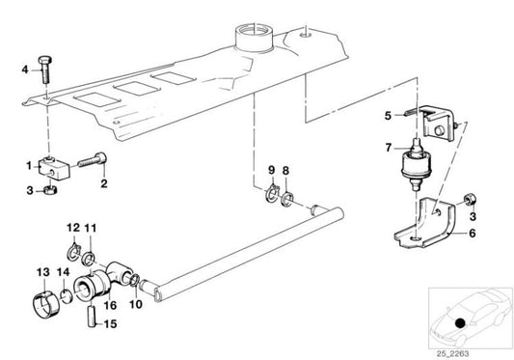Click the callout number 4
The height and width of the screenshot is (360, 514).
coord(25,69)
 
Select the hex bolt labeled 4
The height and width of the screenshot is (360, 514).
coord(45,69)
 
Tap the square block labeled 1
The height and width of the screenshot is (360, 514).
coord(55,168)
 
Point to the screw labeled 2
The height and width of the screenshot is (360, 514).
coord(93,160)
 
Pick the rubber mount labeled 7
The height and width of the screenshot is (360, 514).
coord(416,164)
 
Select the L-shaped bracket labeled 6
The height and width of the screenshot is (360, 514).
coord(425,224)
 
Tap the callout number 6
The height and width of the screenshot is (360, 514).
coord(472,234)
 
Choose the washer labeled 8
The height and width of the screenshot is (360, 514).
coord(287,199)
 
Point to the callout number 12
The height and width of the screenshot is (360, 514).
coord(73,228)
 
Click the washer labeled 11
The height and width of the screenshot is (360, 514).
coord(88,259)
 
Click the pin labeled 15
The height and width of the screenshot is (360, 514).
coord(92,317)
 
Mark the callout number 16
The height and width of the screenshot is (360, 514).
coord(110,305)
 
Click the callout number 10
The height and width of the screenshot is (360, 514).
coord(136,304)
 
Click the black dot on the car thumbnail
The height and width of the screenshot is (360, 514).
coord(460,323)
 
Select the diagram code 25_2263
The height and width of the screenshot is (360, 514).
coord(452,353)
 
